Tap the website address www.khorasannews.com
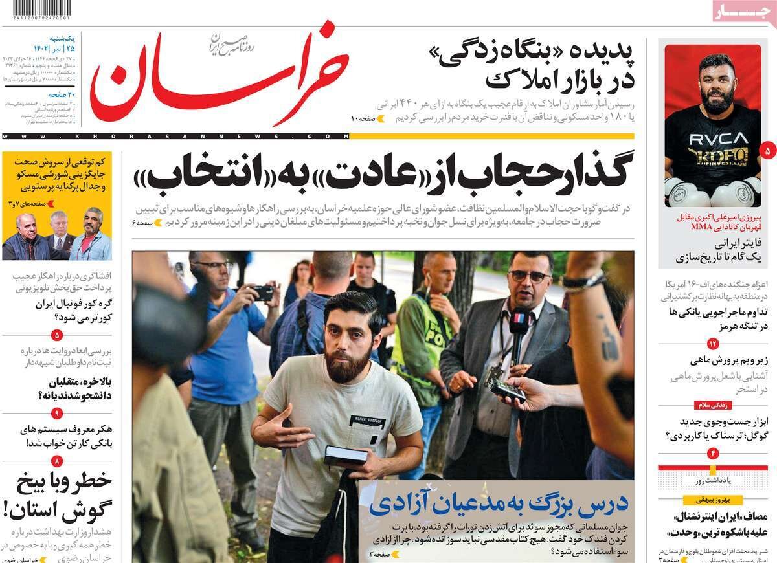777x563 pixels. pyautogui.click(x=175, y=136)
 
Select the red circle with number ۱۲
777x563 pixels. pyautogui.click(x=712, y=343)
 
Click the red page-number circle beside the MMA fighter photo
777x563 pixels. pyautogui.click(x=767, y=150)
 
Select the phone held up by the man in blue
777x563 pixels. pyautogui.click(x=262, y=293)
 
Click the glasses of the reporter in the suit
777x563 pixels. pyautogui.click(x=529, y=276)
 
